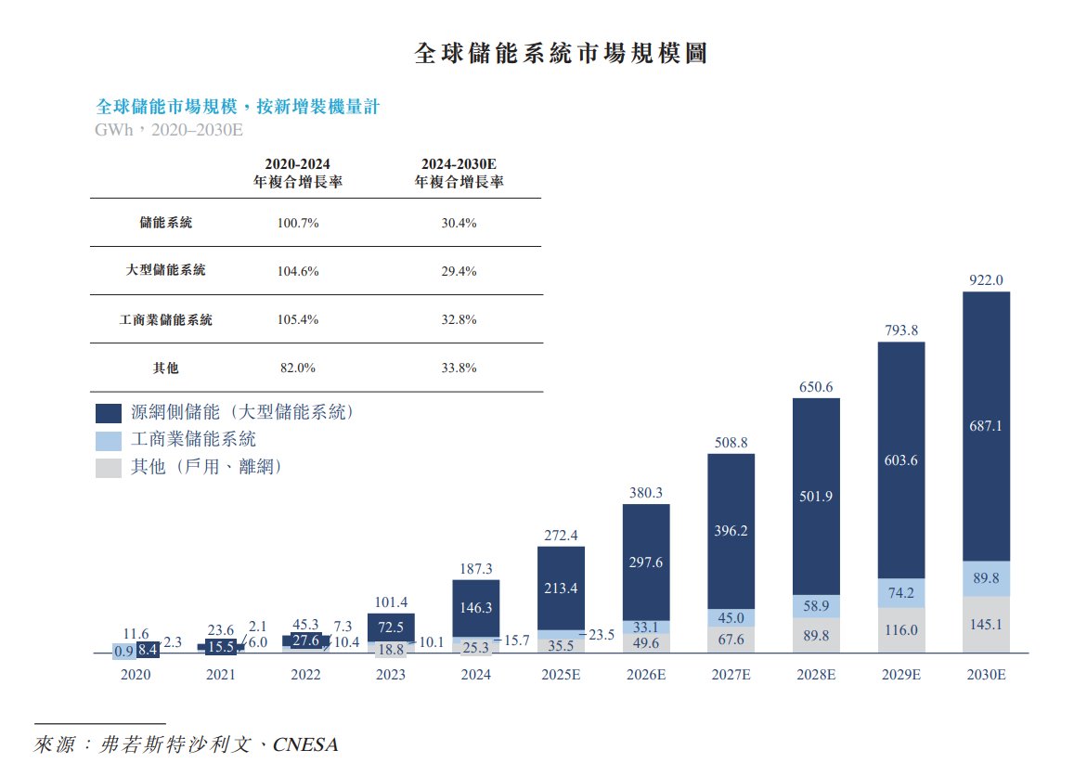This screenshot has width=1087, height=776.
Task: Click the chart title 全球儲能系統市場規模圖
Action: [x=560, y=53]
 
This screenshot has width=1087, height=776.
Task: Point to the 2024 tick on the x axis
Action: [x=475, y=675]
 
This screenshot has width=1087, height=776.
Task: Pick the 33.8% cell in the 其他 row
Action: [x=459, y=368]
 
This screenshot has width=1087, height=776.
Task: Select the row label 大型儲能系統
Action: [x=166, y=271]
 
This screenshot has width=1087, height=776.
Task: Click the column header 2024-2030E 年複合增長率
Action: [x=459, y=174]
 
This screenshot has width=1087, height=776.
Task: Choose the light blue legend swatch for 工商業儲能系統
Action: [x=109, y=441]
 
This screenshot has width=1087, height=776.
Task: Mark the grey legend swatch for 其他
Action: [x=109, y=468]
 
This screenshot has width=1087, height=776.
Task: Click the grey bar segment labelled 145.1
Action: [x=986, y=625]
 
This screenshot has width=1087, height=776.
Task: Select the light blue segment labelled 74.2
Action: [x=901, y=593]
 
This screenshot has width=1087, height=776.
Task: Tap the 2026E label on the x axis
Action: [x=645, y=675]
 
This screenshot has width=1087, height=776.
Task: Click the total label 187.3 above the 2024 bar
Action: [x=475, y=568]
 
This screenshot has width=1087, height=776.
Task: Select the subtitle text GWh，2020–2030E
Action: [x=169, y=130]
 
